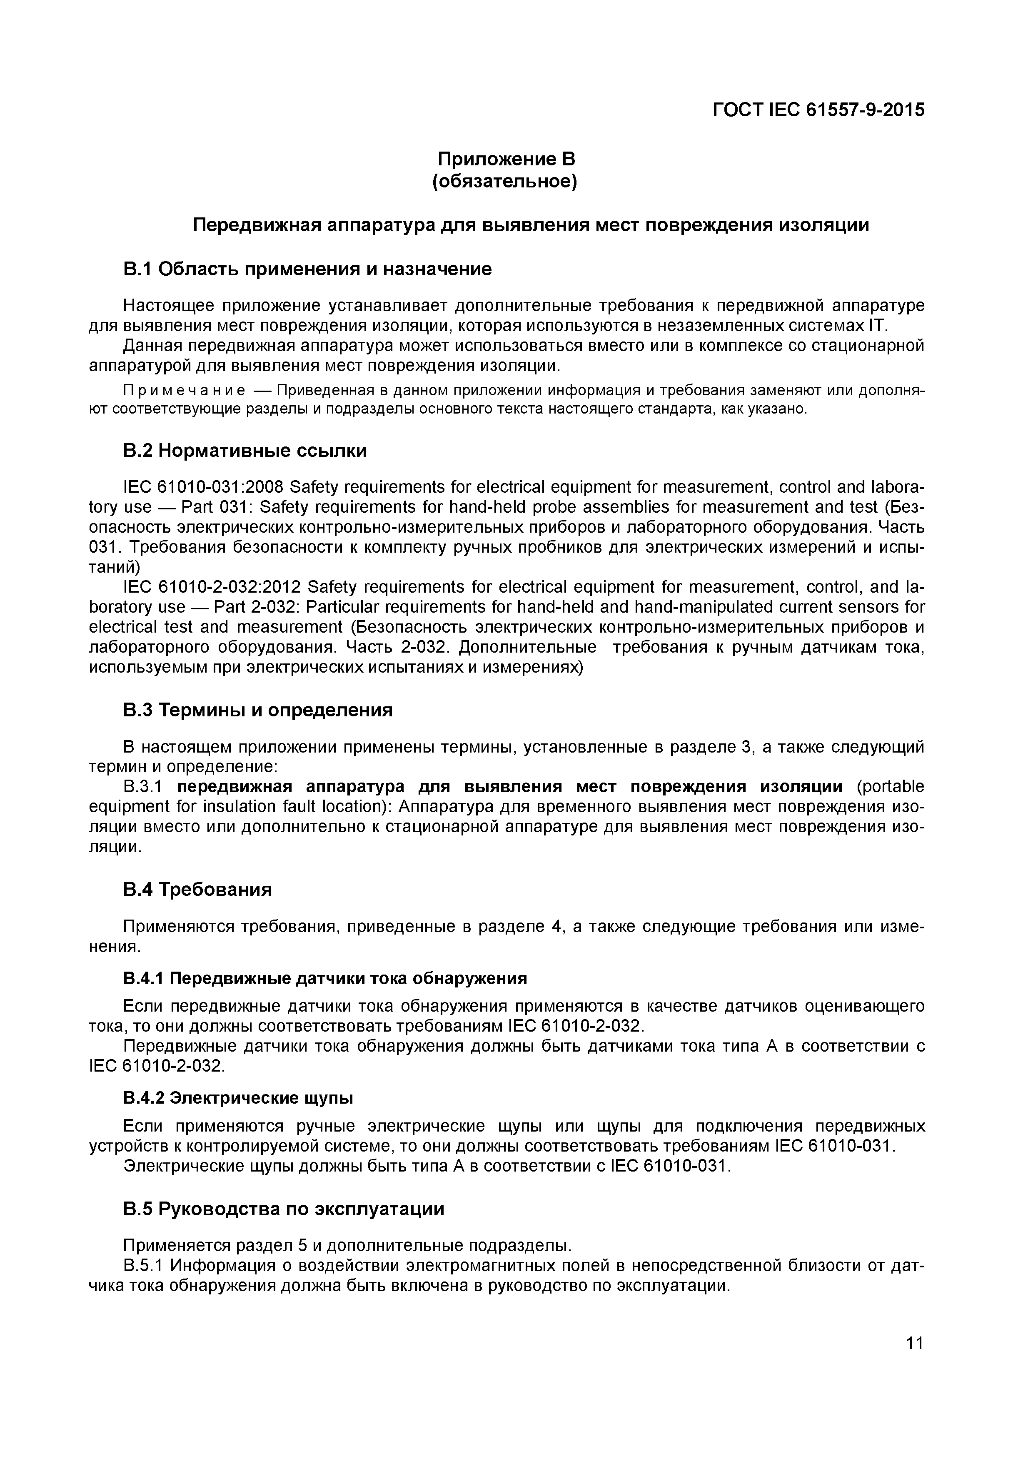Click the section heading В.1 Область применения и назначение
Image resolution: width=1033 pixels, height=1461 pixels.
pos(307,269)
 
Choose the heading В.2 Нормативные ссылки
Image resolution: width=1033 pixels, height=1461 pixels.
pos(245,451)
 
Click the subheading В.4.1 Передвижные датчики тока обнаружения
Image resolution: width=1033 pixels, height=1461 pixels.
pos(325,977)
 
